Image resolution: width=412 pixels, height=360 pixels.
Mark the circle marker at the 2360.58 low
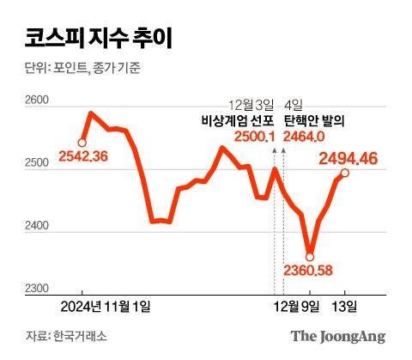(310, 255)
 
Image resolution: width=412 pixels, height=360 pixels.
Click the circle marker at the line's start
(82, 142)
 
